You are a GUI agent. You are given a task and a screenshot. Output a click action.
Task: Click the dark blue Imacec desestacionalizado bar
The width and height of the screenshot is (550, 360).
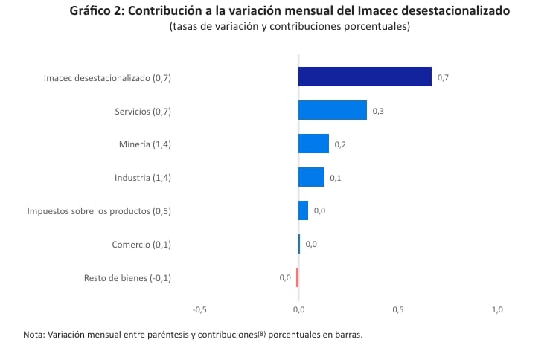coord(365,77)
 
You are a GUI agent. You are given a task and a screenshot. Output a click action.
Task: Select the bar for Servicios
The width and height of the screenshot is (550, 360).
coord(333,110)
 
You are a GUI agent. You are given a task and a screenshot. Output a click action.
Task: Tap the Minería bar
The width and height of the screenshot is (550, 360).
coord(313,144)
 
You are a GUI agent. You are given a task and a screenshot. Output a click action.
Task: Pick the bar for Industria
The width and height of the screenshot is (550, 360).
coord(311,177)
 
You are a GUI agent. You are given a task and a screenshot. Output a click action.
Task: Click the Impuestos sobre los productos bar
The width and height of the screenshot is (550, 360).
coord(303,210)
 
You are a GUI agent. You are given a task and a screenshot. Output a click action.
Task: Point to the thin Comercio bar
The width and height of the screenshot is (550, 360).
coord(299,244)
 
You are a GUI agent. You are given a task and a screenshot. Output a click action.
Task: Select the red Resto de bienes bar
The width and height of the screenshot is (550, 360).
coord(297,277)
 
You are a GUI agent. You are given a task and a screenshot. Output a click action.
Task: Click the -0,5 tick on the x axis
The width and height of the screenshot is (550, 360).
coord(199,309)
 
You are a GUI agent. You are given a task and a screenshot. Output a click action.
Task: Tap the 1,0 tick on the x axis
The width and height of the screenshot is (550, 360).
coord(497,309)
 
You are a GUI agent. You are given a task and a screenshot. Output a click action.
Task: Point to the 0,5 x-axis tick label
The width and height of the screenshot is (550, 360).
coord(398,309)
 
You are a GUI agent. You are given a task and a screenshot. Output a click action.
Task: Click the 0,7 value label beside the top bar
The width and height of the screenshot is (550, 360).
coord(443,77)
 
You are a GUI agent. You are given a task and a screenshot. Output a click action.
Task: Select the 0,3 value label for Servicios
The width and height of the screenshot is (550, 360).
coord(378,111)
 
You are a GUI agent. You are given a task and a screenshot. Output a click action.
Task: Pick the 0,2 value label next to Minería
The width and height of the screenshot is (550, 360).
coord(340,144)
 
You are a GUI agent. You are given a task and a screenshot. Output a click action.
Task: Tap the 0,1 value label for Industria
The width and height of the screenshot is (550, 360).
coord(336,178)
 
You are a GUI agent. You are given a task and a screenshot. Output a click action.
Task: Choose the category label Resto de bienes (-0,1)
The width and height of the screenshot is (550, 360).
coord(127,278)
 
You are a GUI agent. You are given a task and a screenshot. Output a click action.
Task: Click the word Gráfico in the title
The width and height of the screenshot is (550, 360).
coord(93,11)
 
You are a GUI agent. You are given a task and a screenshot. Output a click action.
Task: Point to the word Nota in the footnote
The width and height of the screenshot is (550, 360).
coord(33,335)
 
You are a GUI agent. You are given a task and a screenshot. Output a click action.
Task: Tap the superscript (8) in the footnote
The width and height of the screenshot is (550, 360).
coord(261,334)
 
